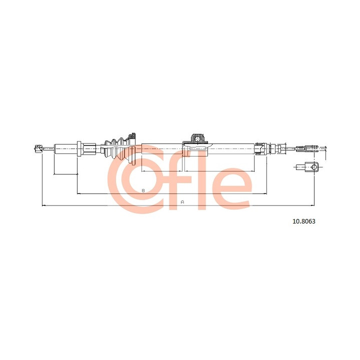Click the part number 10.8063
[304, 221]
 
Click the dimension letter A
[182, 202]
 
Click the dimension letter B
[143, 190]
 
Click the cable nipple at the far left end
[37, 148]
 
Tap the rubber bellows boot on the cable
[116, 149]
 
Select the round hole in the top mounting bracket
[197, 139]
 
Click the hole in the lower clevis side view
[314, 167]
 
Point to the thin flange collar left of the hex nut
[79, 149]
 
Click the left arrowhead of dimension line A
[43, 205]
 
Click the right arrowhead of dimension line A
[312, 205]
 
